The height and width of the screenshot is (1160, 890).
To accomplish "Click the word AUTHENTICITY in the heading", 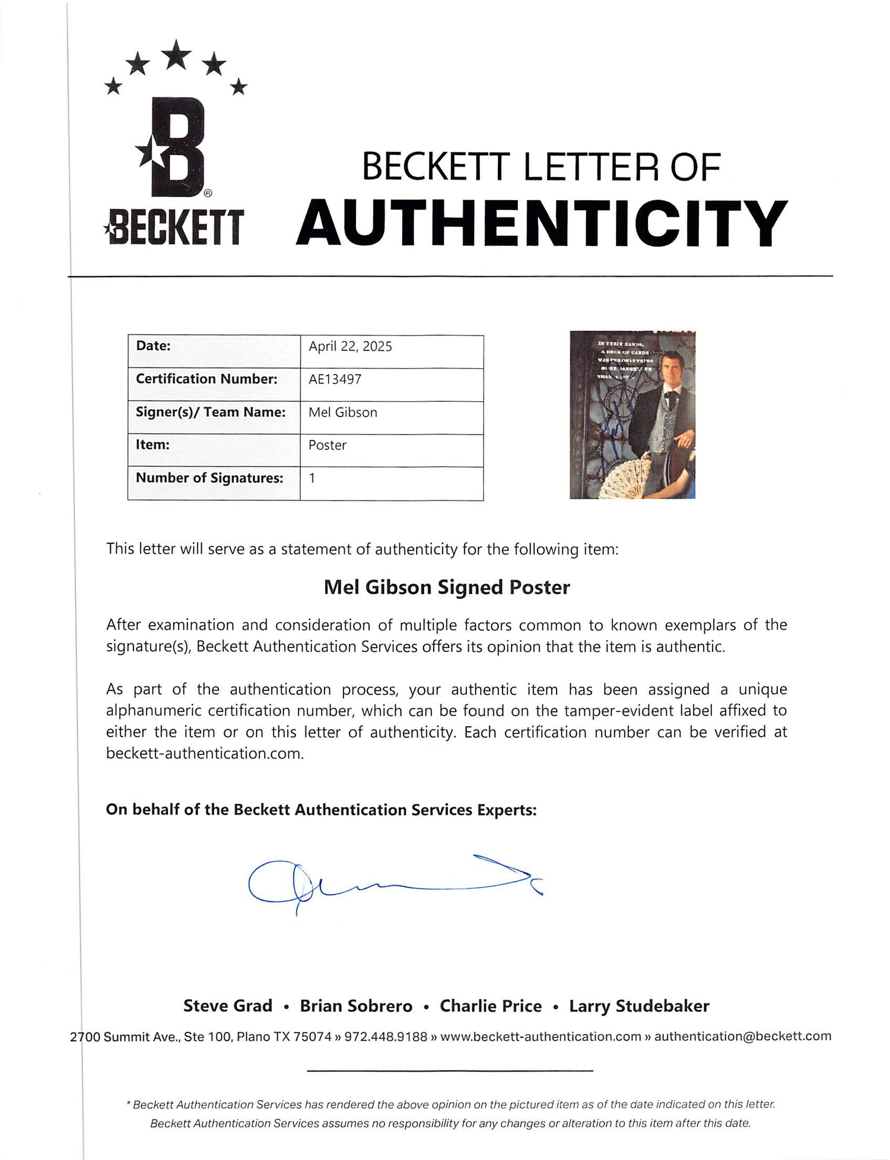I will (542, 224).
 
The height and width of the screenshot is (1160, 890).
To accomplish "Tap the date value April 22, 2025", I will (350, 347).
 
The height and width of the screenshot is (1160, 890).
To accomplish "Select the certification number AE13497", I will (335, 379).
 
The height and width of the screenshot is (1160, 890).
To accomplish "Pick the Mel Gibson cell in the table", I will (343, 413).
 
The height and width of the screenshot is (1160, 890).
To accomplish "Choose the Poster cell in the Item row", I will (328, 445).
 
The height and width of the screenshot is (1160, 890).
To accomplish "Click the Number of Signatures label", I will (209, 478).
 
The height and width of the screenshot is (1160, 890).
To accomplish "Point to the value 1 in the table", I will (312, 478).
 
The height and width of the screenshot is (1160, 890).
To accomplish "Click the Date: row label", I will (153, 346).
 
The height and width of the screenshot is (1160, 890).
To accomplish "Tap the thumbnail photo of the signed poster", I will (632, 414).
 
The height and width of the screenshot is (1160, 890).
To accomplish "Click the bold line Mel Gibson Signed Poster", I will (447, 587).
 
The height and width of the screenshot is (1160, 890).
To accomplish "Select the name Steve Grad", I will (228, 1006).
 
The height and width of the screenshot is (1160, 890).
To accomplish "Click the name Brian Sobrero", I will (356, 1006).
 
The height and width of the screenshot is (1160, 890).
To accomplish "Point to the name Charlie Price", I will (491, 1006).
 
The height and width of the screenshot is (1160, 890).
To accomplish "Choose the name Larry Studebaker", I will (639, 1006).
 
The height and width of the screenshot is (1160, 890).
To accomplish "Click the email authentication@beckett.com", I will (742, 1037).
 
